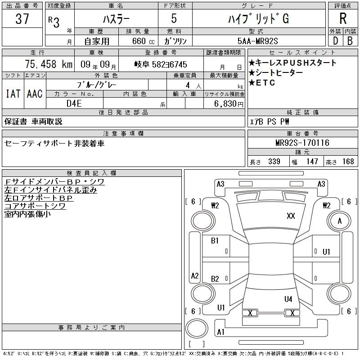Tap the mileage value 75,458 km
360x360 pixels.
click(x=48, y=64)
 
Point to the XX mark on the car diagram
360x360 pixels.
click(x=291, y=216)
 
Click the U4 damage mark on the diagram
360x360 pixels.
click(x=288, y=299)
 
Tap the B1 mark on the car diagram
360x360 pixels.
click(x=215, y=241)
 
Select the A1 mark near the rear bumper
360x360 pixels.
click(x=220, y=332)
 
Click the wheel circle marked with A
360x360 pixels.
click(x=339, y=221)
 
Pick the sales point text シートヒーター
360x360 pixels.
click(x=276, y=73)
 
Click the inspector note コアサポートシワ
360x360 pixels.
click(x=35, y=206)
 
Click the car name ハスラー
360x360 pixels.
click(x=115, y=20)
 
